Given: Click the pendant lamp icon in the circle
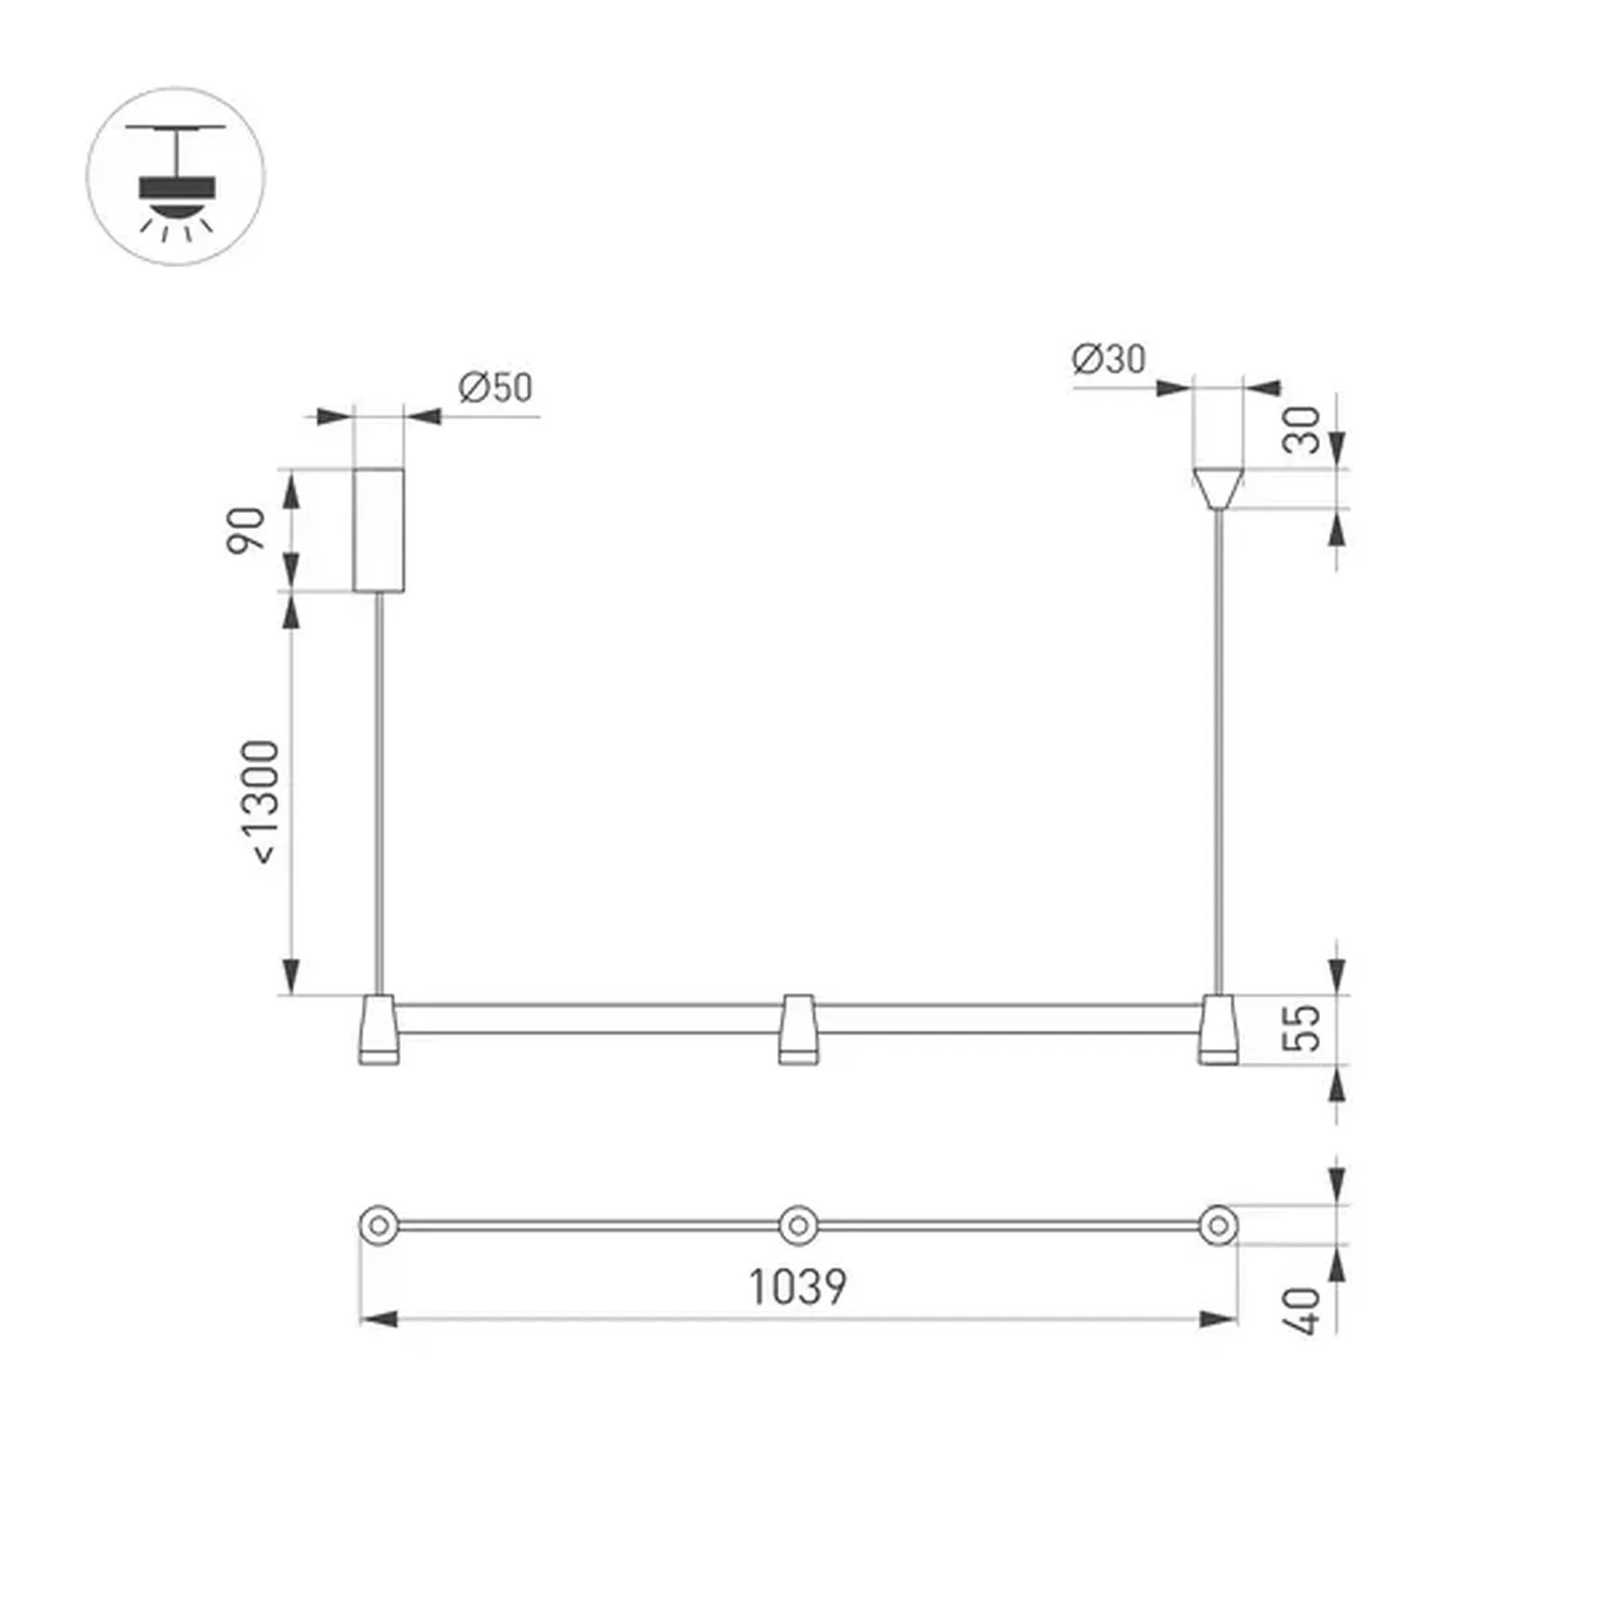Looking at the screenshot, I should tap(176, 178).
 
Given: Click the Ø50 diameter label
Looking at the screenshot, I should tap(495, 388).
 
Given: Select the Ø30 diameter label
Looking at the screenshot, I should tap(1108, 359).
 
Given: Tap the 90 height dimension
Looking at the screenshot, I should tap(246, 530).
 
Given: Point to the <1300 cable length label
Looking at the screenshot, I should tap(260, 801).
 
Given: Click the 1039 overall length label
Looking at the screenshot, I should tap(798, 1288).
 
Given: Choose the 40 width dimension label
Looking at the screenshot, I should tap(1303, 1311).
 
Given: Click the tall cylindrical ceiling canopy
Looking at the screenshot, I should tap(378, 530).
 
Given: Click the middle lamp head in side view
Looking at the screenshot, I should tap(798, 1029).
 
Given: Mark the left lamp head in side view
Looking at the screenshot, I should tap(378, 1029).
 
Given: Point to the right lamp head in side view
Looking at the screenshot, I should tap(1218, 1029).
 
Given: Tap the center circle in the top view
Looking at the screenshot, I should tap(798, 1225).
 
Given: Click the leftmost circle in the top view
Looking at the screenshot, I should tap(378, 1225).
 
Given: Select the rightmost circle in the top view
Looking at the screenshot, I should tap(1218, 1225).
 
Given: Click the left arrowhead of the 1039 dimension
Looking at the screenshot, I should tap(377, 1318).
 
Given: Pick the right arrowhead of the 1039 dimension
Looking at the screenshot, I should tap(1220, 1318).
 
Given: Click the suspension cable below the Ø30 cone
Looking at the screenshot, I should tap(1218, 744).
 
